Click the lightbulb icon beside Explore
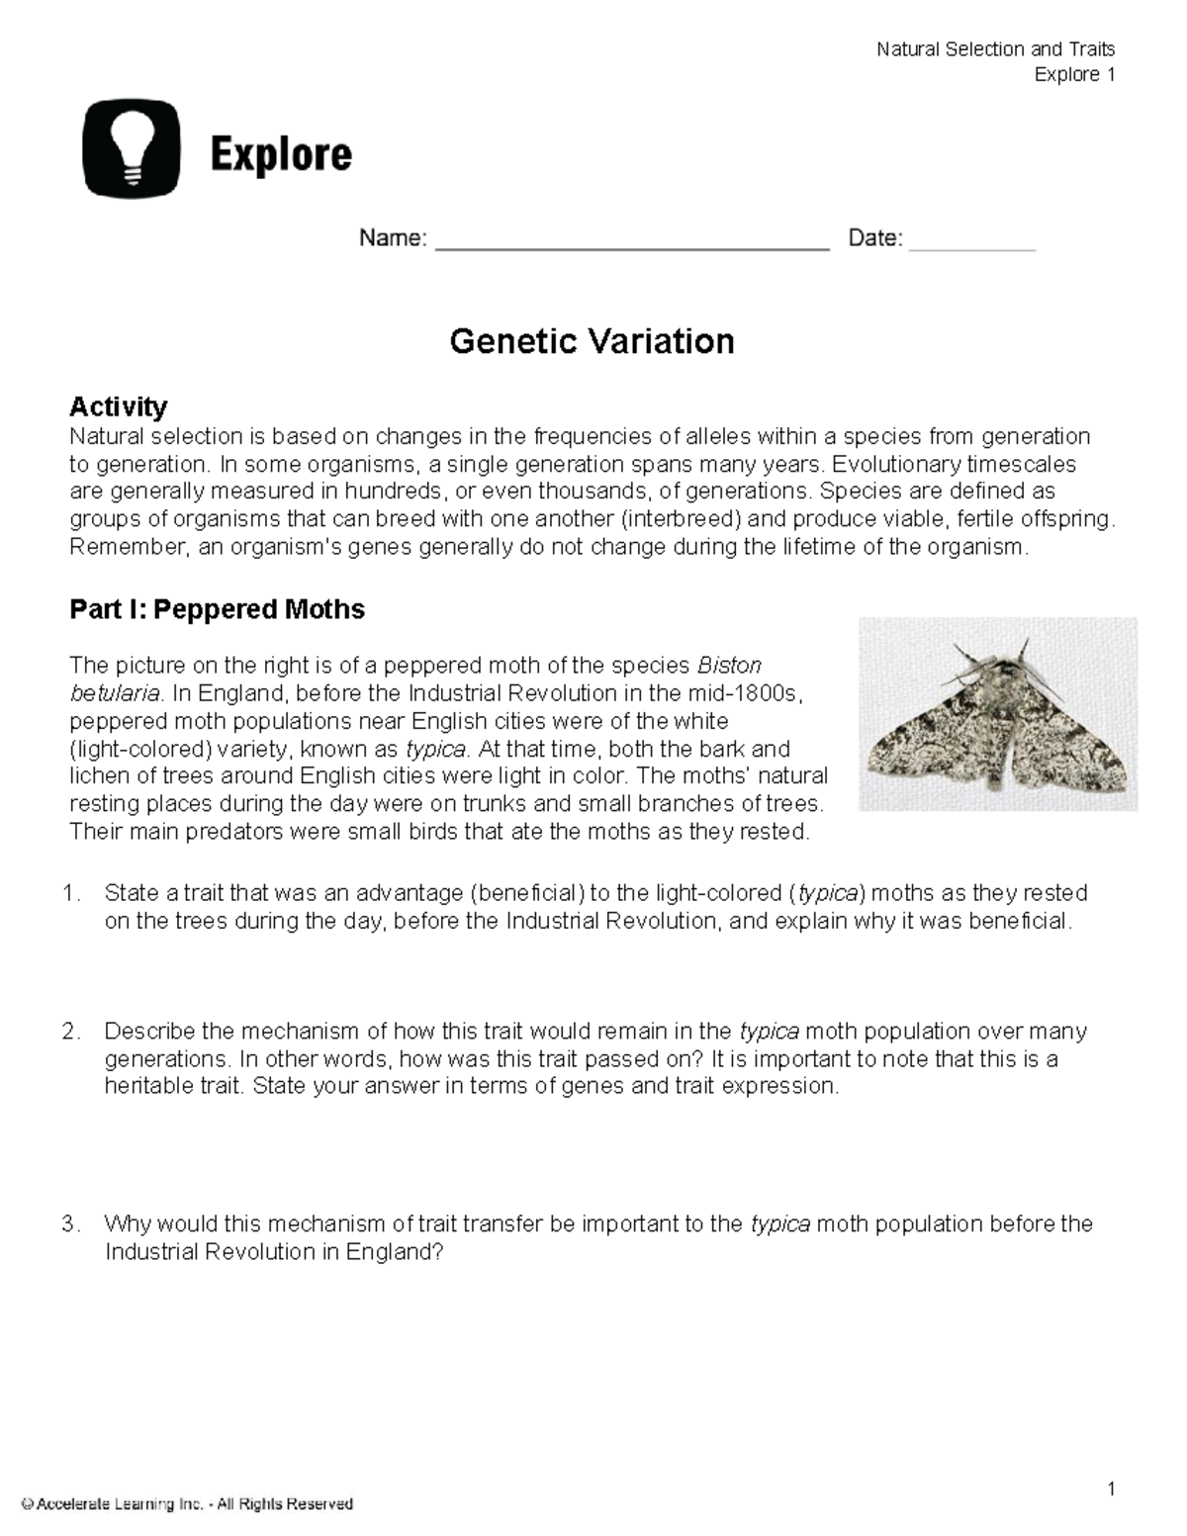click(132, 149)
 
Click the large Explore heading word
click(280, 155)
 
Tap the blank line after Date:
click(971, 241)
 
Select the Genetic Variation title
click(592, 341)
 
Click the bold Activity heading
click(118, 407)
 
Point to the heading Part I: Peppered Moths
click(217, 609)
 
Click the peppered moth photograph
click(997, 714)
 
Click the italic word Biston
click(729, 665)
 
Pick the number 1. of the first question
click(71, 894)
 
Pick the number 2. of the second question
click(71, 1032)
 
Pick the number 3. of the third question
click(71, 1224)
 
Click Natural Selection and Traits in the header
click(995, 49)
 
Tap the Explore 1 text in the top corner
click(1074, 75)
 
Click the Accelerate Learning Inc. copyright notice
click(187, 1504)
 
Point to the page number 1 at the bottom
click(1111, 1490)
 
